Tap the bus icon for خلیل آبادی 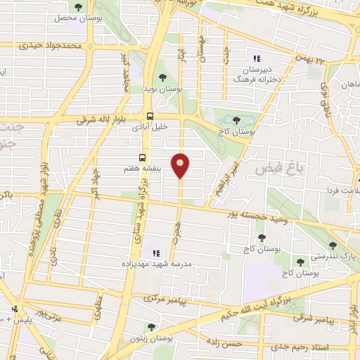pyautogui.click(x=150, y=116)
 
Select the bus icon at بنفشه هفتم pyautogui.click(x=143, y=158)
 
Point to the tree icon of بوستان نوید pyautogui.click(x=162, y=77)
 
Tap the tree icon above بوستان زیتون pyautogui.click(x=151, y=326)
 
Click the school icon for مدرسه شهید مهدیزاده pyautogui.click(x=155, y=253)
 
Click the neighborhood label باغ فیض pyautogui.click(x=271, y=169)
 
